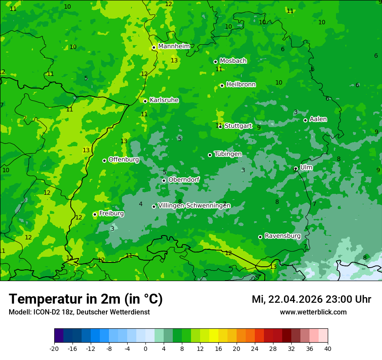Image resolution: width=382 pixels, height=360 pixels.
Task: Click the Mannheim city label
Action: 174,46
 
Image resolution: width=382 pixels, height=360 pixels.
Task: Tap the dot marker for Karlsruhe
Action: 145,101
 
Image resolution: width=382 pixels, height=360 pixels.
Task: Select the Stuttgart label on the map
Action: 238,126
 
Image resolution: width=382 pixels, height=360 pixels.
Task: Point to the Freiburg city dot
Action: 95,214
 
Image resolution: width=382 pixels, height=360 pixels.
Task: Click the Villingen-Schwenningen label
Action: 194,206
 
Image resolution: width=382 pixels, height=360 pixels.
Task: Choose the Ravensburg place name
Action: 283,236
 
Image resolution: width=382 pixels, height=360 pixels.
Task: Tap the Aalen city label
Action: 318,119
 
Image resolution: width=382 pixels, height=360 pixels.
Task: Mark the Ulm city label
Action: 306,167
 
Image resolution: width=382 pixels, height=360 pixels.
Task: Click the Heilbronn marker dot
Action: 222,85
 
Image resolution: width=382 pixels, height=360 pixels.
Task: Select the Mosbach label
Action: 233,61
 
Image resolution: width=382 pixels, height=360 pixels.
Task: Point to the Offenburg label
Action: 124,160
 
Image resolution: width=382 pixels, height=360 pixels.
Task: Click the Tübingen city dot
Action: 210,155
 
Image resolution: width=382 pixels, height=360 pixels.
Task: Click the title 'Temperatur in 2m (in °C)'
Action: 86,299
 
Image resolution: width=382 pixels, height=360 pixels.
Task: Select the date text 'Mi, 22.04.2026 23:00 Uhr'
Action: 311,299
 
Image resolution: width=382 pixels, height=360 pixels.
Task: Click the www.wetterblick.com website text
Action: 313,312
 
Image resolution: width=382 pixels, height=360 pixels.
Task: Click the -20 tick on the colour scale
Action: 54,348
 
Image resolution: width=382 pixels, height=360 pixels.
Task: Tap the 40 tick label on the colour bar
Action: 328,348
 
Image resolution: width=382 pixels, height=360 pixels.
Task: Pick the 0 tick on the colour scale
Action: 145,348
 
